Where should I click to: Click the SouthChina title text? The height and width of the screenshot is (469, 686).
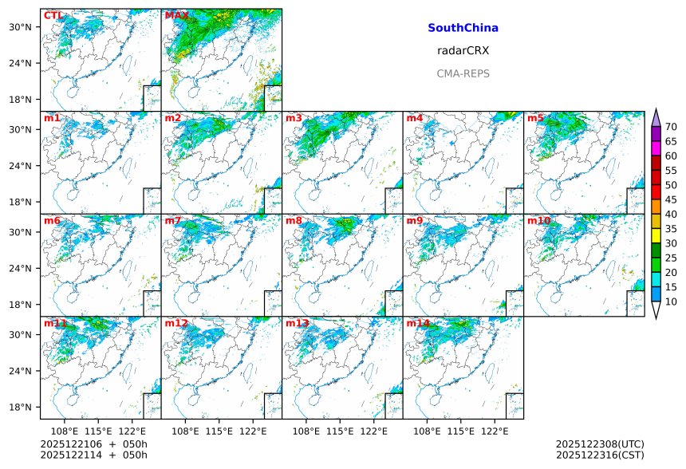(x=463, y=28)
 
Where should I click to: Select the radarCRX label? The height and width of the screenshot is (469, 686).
(x=463, y=50)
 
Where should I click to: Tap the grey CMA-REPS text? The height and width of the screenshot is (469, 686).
(x=463, y=73)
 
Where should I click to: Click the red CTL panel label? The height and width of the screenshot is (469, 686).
(x=53, y=16)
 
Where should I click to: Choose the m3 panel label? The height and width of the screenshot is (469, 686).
(x=294, y=119)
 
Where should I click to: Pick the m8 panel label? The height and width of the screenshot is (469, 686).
(x=294, y=221)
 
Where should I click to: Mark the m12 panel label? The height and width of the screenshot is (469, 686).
(x=176, y=324)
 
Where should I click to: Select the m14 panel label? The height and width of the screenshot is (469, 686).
(x=418, y=324)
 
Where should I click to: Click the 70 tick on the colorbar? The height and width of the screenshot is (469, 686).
(x=671, y=127)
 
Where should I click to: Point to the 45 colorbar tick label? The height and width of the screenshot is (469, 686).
(x=671, y=199)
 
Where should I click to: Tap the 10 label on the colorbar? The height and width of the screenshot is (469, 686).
(x=671, y=301)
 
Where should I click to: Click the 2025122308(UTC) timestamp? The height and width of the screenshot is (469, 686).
(x=600, y=443)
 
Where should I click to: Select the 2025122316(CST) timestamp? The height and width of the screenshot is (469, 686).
(x=600, y=455)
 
